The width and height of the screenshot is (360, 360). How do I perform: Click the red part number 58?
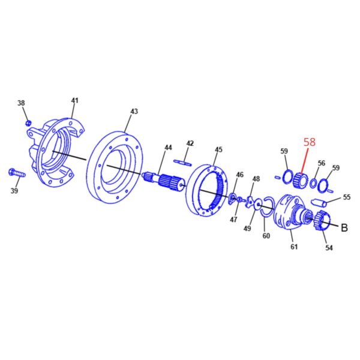pos(310,142)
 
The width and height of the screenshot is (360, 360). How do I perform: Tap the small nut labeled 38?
pos(28,123)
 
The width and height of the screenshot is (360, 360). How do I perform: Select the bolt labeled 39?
pos(17,173)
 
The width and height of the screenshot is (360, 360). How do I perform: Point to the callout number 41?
pos(74,101)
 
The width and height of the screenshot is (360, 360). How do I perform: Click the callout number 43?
pos(134,112)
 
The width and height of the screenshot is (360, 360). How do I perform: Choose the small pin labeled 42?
pos(182,163)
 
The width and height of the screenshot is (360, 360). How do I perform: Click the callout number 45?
pos(218,149)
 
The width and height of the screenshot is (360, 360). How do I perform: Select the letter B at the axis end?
pos(344,227)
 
